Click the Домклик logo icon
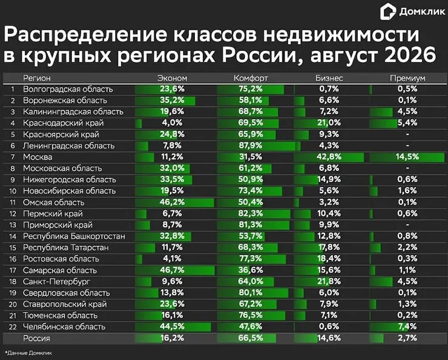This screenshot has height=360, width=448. (x=387, y=12)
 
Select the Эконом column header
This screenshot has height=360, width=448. (x=173, y=78)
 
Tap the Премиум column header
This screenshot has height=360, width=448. (x=407, y=78)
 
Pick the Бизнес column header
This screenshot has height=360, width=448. (x=329, y=78)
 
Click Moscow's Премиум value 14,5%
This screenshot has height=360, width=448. (x=407, y=157)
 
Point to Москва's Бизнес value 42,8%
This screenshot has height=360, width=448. (x=329, y=157)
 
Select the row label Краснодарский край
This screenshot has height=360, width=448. (x=64, y=123)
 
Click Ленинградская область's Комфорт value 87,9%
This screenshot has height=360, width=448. (x=251, y=145)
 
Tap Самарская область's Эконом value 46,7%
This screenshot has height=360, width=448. (x=172, y=270)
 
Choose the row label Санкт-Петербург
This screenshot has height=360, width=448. (x=56, y=282)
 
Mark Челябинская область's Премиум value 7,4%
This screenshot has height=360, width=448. (x=407, y=326)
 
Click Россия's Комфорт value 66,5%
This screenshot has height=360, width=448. (x=251, y=338)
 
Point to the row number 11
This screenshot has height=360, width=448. (x=13, y=202)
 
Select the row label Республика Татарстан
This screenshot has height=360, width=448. (x=66, y=248)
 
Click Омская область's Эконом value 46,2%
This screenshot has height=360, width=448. (x=172, y=202)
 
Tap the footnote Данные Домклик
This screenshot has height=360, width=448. (x=28, y=353)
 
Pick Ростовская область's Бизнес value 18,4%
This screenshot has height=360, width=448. (x=329, y=259)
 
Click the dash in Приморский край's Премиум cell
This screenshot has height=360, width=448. (x=407, y=225)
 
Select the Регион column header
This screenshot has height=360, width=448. (x=37, y=78)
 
